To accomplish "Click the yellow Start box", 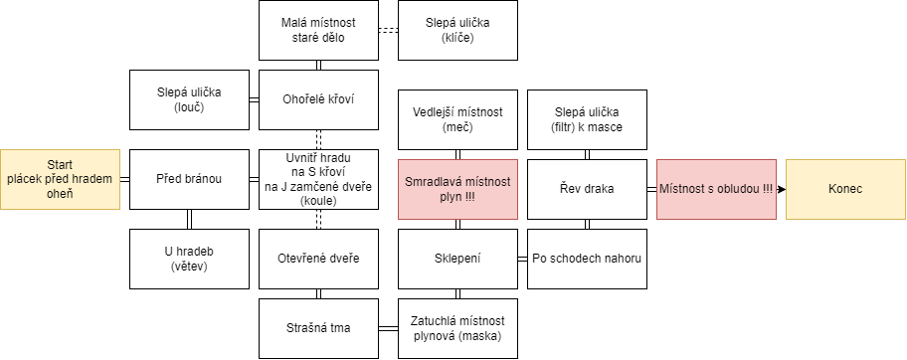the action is (60, 179).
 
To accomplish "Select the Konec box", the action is (845, 189).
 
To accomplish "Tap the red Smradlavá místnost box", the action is (457, 189).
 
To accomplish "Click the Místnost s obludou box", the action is (716, 189).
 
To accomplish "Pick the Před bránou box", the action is (189, 179).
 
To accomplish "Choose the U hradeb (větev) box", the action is (189, 259).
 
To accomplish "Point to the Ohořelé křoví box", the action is (318, 99).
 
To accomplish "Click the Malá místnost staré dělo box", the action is (318, 30).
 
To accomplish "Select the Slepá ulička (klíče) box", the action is (457, 30).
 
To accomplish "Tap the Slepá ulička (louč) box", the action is (189, 99).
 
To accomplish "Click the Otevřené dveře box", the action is (318, 259).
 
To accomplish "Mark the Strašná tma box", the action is (318, 328).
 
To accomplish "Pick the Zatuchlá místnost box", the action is (457, 328).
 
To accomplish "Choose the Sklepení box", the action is (457, 259).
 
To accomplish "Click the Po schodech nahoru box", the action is (587, 259).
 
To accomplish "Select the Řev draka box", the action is (587, 189).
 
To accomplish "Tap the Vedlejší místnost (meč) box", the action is (457, 119).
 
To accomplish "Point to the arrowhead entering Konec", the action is (782, 189).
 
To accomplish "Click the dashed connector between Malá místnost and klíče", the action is (388, 30).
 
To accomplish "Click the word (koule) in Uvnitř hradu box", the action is (318, 200).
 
